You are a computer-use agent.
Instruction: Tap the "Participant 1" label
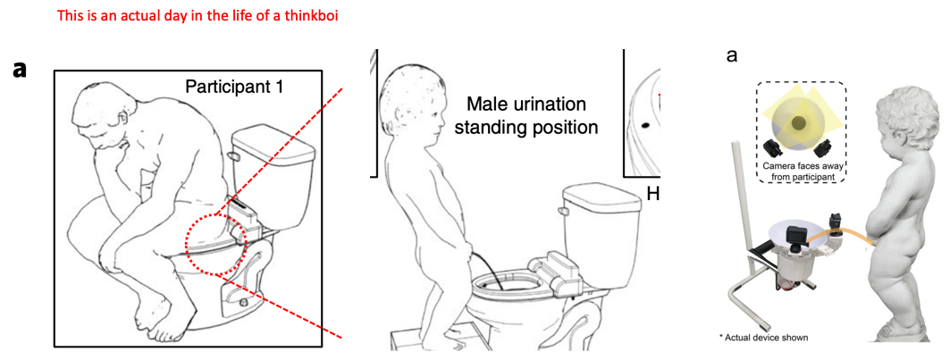234,88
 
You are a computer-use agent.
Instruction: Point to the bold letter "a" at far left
21,70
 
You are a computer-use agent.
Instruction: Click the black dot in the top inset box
645,125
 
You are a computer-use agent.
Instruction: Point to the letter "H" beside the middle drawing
653,194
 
